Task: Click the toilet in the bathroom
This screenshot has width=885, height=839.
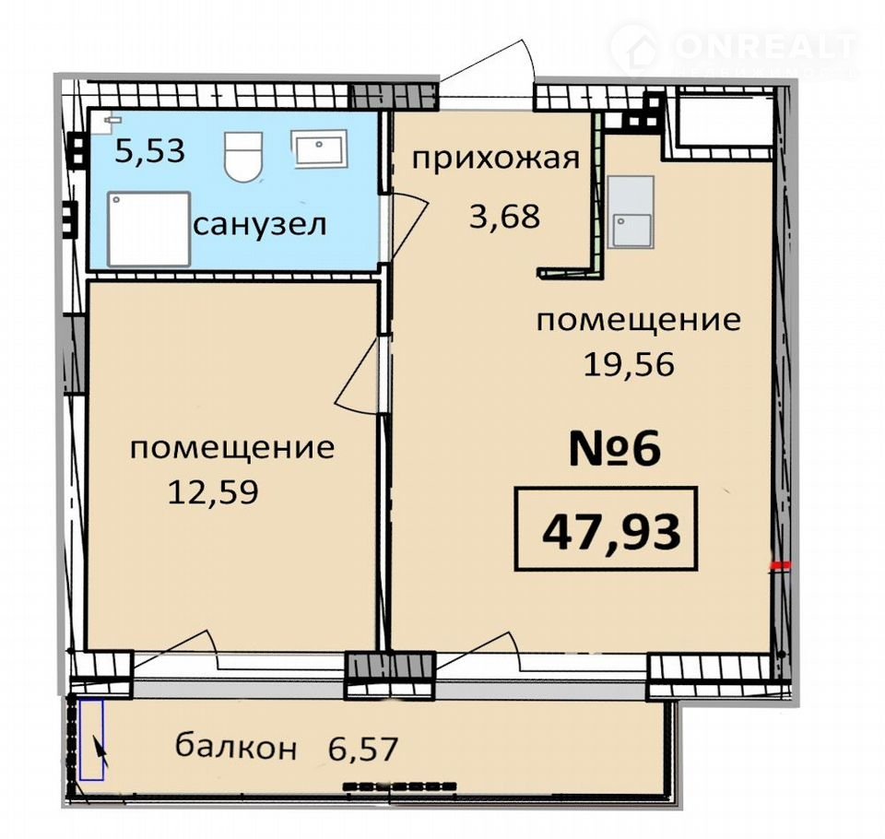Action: (243, 157)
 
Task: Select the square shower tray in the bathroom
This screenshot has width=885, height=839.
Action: (149, 229)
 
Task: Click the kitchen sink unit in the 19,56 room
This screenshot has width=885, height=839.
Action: (631, 212)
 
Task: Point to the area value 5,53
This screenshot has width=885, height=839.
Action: (149, 151)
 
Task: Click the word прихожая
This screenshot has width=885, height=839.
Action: (496, 160)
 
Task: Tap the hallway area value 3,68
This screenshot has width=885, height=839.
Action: (504, 216)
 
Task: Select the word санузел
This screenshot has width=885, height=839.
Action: (260, 225)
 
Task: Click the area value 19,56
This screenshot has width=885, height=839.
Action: (629, 364)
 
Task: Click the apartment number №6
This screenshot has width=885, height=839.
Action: (615, 449)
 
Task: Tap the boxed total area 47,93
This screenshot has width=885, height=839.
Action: (607, 529)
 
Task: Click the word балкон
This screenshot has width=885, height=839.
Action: (236, 746)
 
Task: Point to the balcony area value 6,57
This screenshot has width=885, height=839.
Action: (363, 748)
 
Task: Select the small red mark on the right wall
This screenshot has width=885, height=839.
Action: (783, 564)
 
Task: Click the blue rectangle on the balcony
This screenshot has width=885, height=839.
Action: (91, 740)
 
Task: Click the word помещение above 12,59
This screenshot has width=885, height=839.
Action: (232, 449)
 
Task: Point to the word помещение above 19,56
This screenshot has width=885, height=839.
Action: (638, 321)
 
